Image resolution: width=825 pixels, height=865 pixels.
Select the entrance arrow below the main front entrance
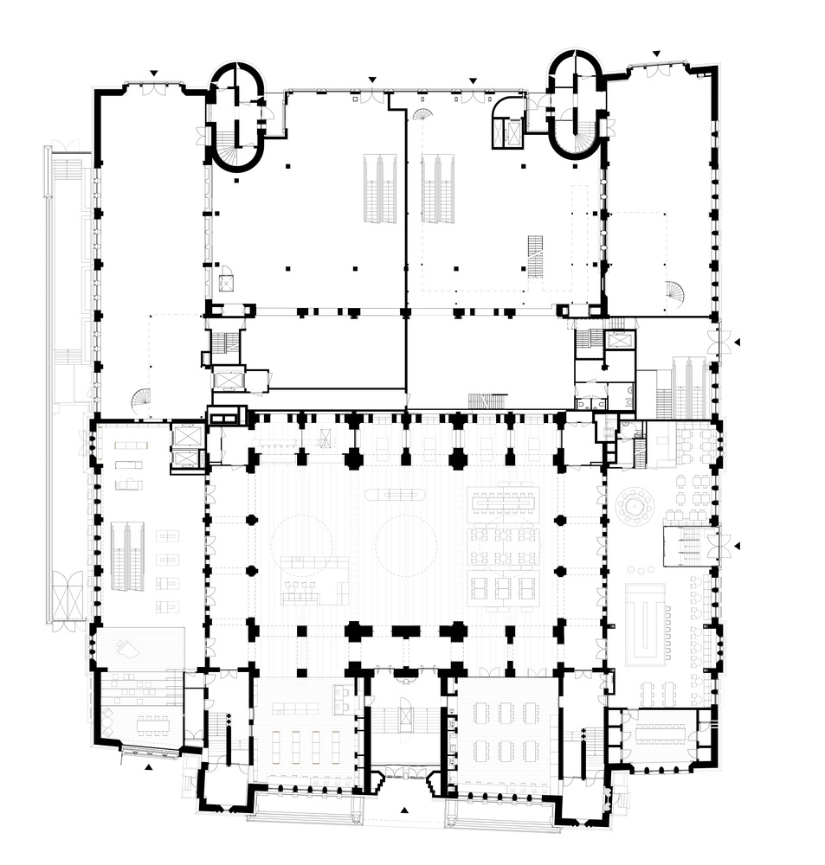[405, 810]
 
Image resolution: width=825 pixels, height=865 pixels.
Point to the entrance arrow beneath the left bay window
[148, 766]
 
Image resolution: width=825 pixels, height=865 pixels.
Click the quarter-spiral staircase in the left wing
[140, 400]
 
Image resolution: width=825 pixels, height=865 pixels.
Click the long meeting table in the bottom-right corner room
[660, 734]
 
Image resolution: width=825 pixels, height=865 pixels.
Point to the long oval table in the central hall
[395, 495]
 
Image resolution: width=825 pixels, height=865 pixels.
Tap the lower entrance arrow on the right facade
[738, 546]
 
